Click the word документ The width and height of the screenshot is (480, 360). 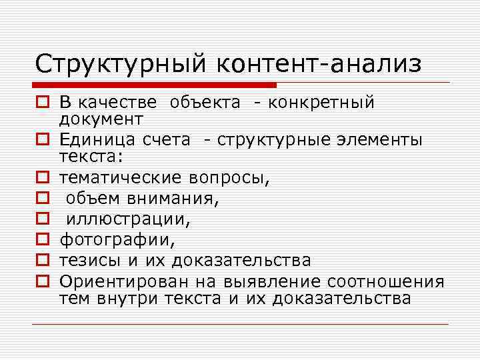coord(101,119)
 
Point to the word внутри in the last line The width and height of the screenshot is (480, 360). coord(119,298)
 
